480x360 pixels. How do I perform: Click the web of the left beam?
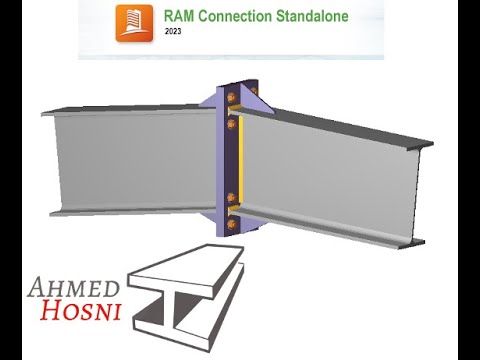point(130,160)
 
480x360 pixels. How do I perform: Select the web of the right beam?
point(330,175)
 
